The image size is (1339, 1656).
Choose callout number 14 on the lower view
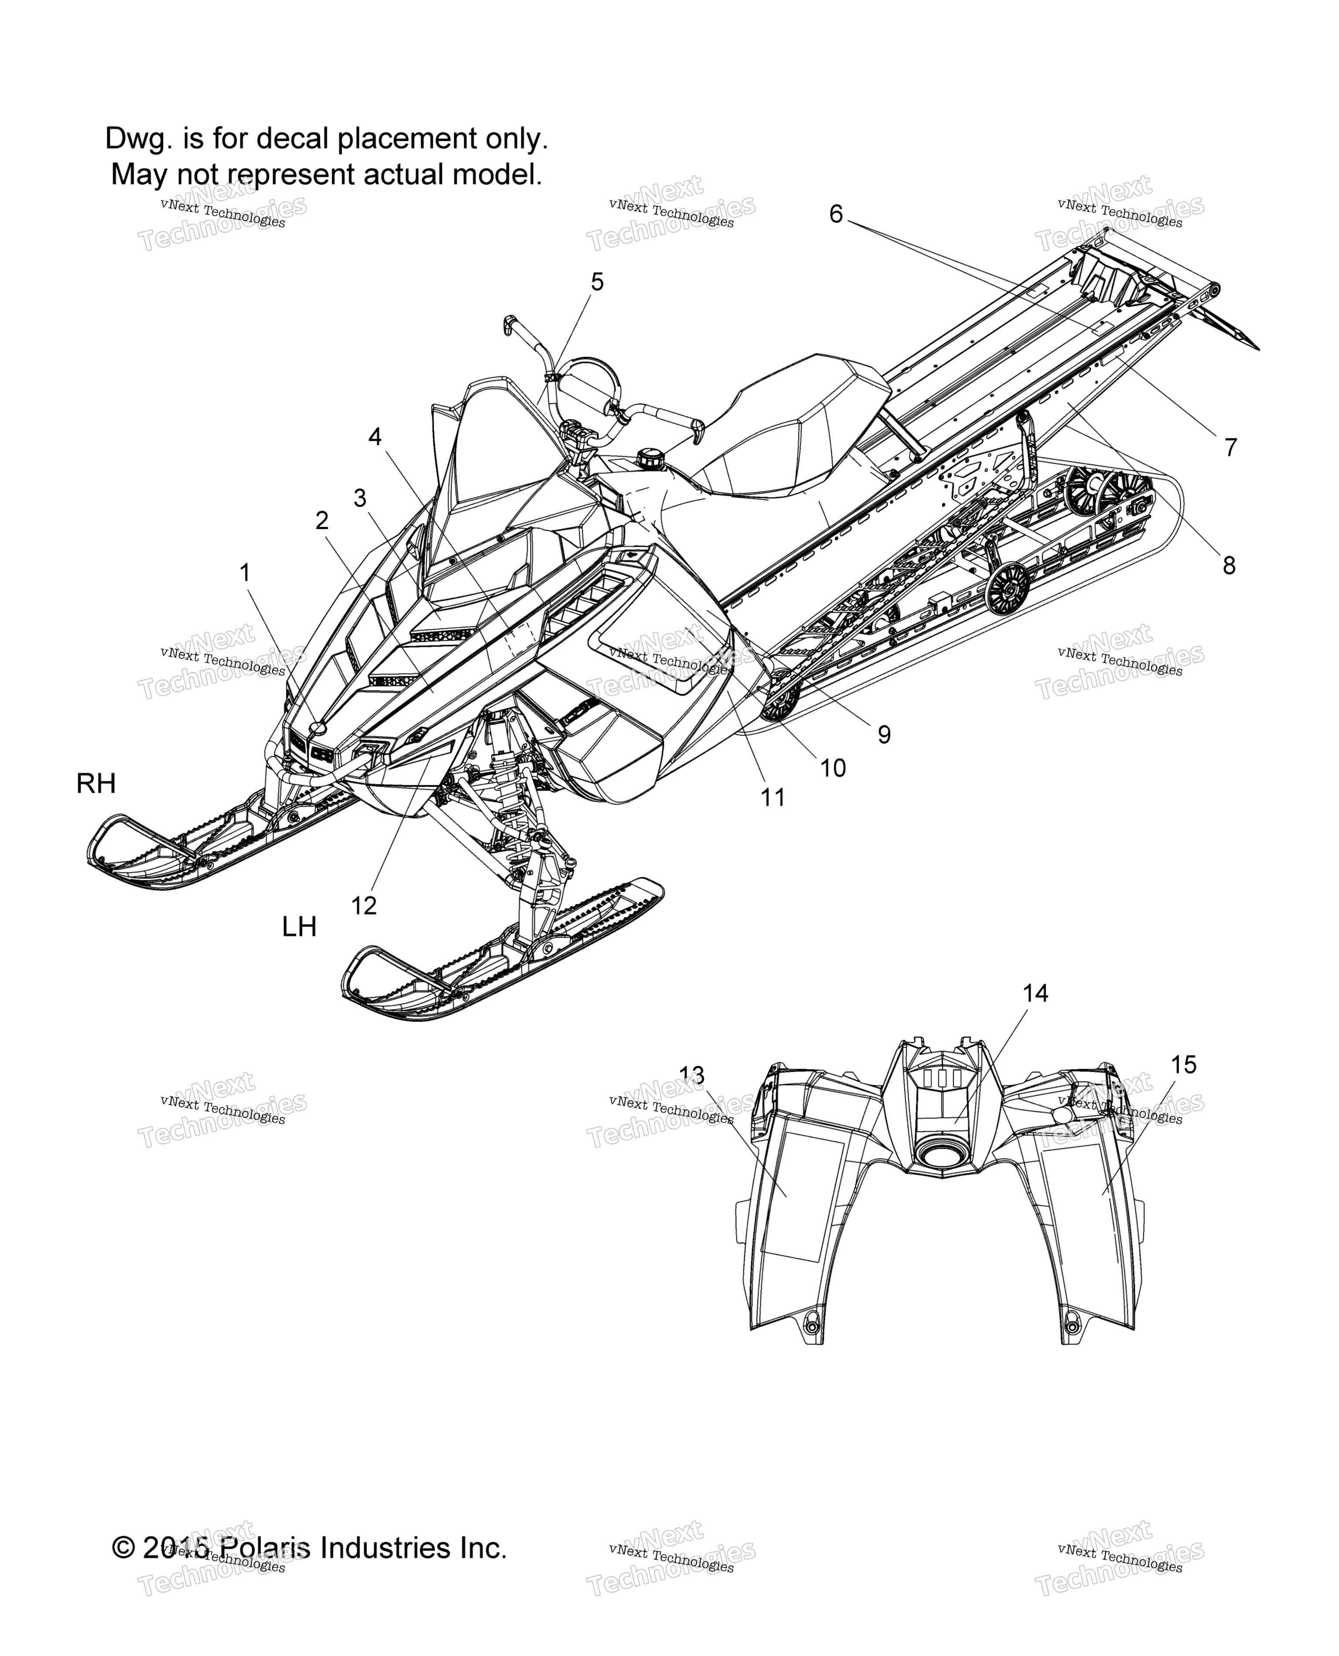(x=1036, y=993)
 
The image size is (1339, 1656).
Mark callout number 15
(x=1183, y=1065)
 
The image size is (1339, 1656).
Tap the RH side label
(x=96, y=783)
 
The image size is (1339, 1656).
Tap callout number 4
(x=375, y=437)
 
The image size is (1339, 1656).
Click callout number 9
(x=884, y=735)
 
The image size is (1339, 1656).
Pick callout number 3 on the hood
(x=360, y=498)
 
